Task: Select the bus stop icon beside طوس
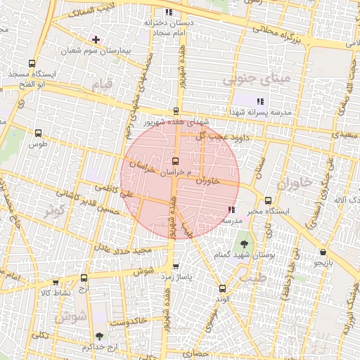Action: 37,132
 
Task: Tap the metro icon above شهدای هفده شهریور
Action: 176,111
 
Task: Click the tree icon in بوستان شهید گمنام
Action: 243,243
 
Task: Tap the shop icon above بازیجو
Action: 323,252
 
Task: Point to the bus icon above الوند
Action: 222,288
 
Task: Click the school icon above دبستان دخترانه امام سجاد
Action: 168,12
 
